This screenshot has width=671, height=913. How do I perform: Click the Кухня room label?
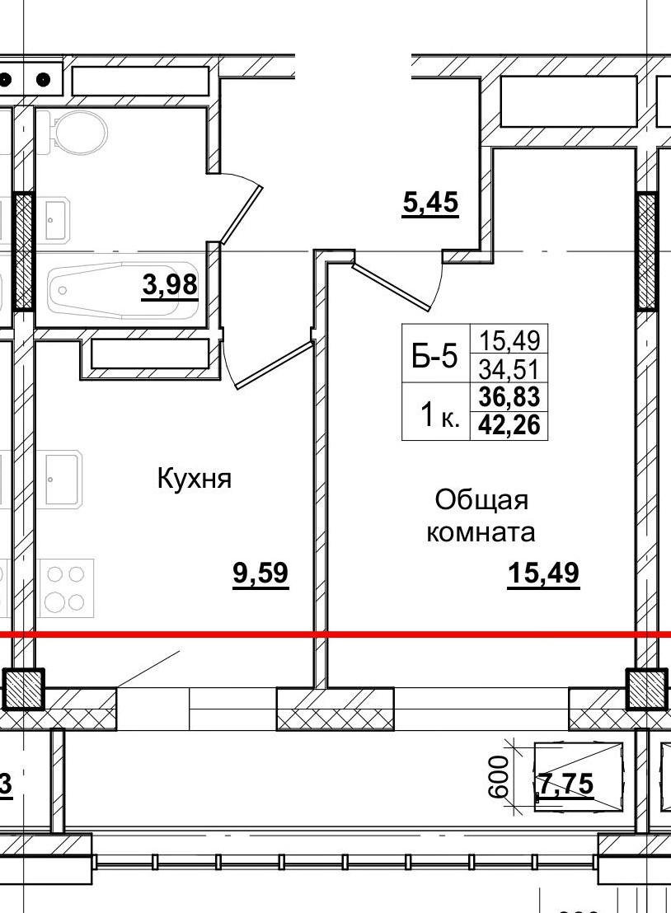tap(195, 479)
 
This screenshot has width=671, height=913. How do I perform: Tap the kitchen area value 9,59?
tap(260, 573)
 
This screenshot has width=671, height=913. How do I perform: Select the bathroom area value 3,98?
tap(170, 285)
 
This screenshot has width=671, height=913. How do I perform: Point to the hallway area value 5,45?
tap(429, 202)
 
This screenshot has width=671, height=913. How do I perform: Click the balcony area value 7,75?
tap(565, 784)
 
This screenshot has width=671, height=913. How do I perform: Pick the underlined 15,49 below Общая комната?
tap(543, 574)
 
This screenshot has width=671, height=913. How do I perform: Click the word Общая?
tap(481, 500)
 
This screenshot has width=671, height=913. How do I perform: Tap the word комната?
tap(481, 532)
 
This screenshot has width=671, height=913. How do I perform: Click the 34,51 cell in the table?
tap(509, 368)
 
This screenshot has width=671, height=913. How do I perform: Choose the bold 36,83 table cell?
tap(509, 397)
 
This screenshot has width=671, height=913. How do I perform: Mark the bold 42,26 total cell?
tap(509, 425)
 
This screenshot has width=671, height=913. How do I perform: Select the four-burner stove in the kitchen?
tap(65, 587)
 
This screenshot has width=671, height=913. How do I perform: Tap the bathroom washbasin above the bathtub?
tap(56, 220)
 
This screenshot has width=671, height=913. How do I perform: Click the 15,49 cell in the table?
tap(509, 339)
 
